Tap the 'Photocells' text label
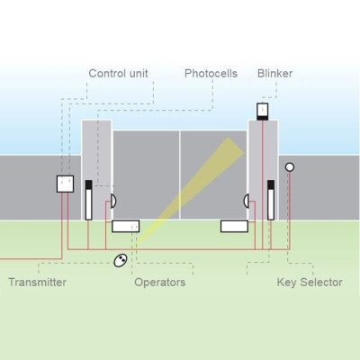[211, 73]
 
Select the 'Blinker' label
[274, 73]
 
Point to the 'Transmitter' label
[38, 283]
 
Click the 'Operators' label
[159, 283]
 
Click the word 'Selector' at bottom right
[321, 283]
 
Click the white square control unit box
[65, 184]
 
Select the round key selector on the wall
[290, 166]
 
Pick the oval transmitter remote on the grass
[119, 261]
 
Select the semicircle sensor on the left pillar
[112, 200]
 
